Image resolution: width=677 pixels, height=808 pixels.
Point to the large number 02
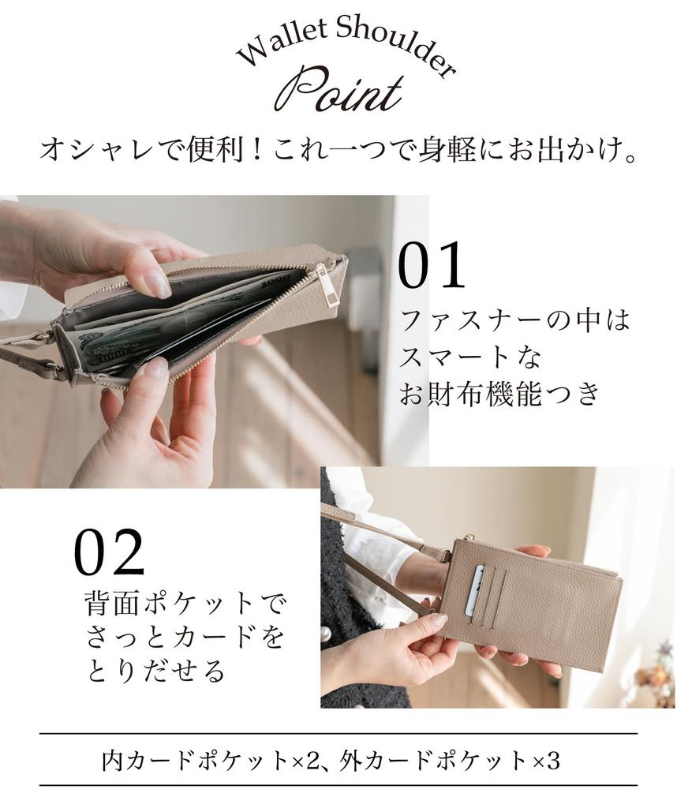click(110, 552)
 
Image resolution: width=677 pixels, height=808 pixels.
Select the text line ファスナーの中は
click(516, 322)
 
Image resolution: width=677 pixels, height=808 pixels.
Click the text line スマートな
click(471, 357)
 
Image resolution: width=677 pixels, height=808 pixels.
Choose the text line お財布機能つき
click(500, 394)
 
